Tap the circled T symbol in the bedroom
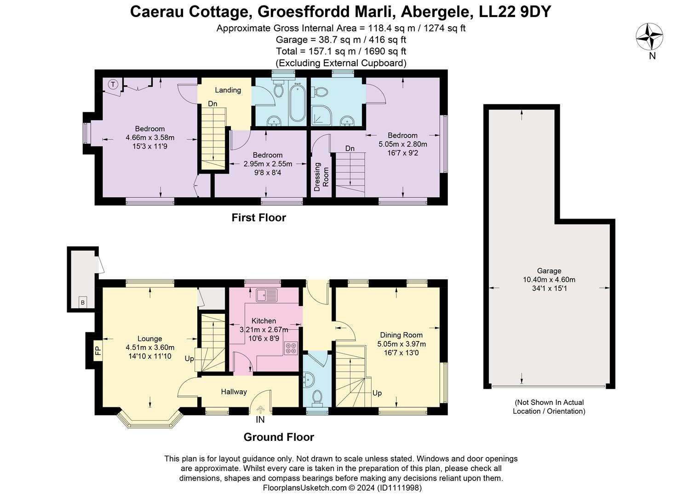113,85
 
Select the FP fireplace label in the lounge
97,351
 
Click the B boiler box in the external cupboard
83,302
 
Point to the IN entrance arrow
260,409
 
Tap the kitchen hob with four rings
291,348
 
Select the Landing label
228,90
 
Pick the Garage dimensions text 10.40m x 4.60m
549,280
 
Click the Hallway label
234,392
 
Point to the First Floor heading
258,218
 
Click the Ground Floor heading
279,437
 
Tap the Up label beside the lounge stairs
189,359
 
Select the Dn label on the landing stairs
212,104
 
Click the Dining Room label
401,335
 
